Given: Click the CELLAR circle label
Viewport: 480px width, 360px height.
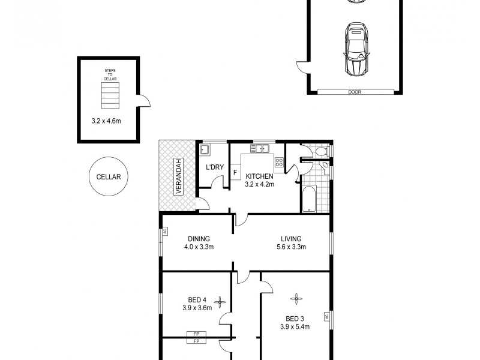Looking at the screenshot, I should [109, 176].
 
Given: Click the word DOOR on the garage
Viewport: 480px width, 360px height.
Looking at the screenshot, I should [354, 92].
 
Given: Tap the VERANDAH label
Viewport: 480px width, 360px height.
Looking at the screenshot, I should [178, 176].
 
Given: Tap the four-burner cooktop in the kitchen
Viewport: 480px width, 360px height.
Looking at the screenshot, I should [279, 161].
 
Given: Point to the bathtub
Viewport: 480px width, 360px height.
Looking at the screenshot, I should [309, 200].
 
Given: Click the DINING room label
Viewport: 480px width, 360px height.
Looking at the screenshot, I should [198, 238].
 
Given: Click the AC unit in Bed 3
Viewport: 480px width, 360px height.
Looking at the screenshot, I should [328, 316].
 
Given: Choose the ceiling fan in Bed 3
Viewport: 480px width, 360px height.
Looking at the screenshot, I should [295, 296].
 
